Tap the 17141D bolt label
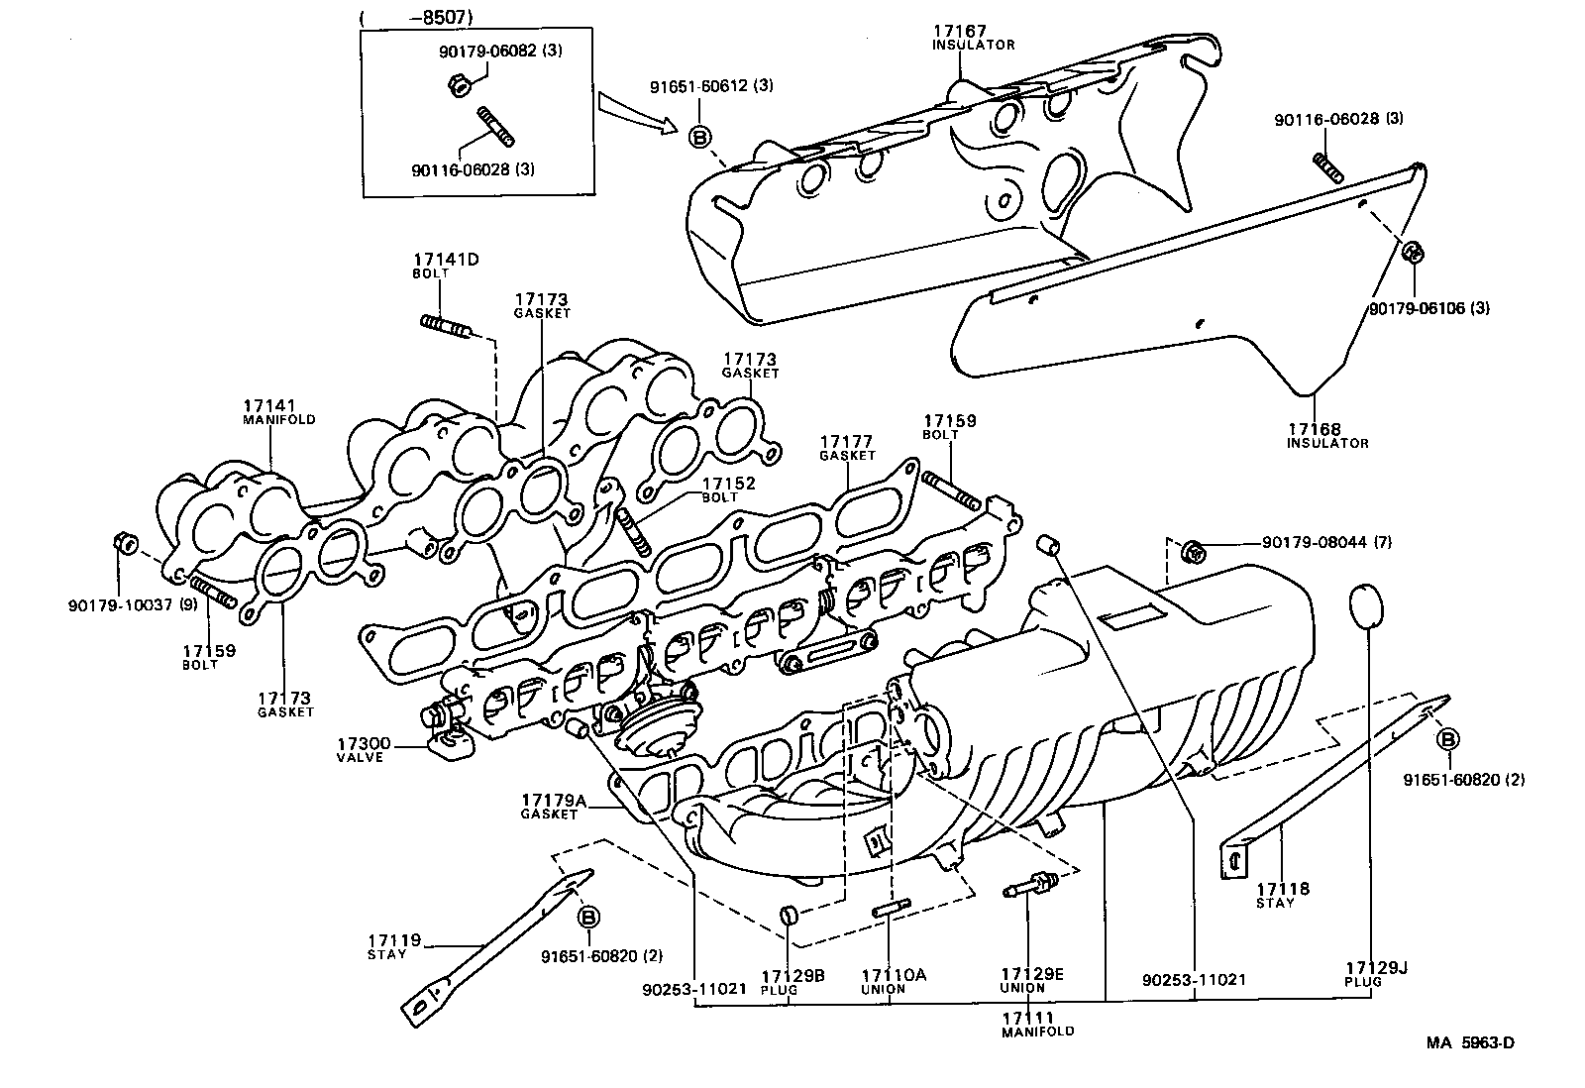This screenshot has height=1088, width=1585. pyautogui.click(x=446, y=266)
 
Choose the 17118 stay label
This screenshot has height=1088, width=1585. pyautogui.click(x=1282, y=895)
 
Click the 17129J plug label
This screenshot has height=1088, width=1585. pyautogui.click(x=1369, y=973)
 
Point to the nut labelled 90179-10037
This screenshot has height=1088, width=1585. pyautogui.click(x=124, y=544)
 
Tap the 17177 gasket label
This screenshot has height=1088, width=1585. pyautogui.click(x=847, y=448)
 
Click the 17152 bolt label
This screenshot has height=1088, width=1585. pyautogui.click(x=728, y=490)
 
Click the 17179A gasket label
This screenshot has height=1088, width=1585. pyautogui.click(x=553, y=806)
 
